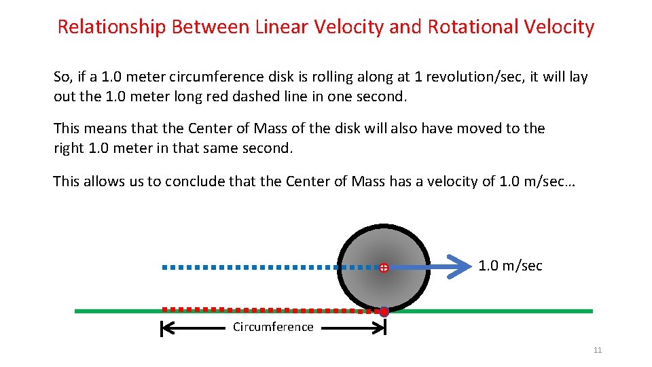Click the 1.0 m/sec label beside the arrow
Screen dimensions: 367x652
(x=510, y=266)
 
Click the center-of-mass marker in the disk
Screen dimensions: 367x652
(x=384, y=268)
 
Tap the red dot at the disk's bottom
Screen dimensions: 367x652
(x=384, y=312)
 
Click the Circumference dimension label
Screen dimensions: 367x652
(x=273, y=327)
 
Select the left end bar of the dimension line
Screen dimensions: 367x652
(x=162, y=329)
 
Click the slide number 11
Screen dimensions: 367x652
(x=598, y=350)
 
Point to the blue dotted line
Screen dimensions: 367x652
(x=258, y=268)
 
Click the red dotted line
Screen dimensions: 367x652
(x=265, y=310)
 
